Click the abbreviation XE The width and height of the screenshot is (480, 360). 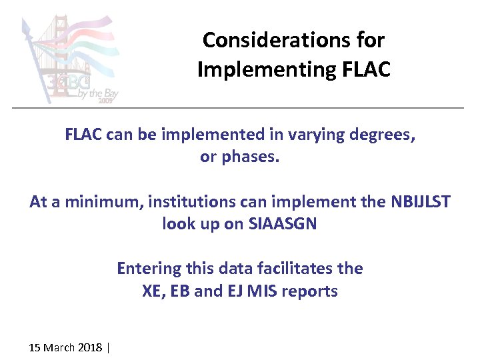coord(153,291)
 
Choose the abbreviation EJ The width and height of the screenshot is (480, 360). coord(231,291)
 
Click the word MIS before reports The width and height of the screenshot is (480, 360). coord(262,291)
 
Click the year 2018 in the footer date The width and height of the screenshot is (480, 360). coord(90,347)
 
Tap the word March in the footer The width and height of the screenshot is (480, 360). coord(59,347)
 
